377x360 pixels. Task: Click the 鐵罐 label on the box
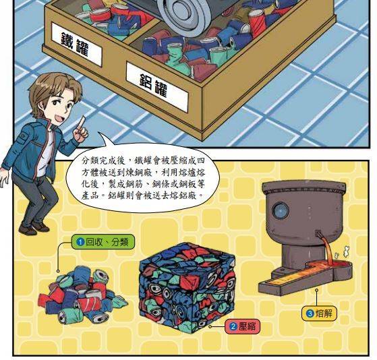(76, 44)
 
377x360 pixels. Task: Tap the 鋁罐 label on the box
(156, 87)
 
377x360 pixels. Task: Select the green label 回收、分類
(103, 242)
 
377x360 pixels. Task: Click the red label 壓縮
(242, 326)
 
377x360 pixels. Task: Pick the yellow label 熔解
(320, 313)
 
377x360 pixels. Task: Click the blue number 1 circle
(80, 242)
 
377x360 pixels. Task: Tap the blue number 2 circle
(233, 326)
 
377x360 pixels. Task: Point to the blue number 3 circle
(310, 313)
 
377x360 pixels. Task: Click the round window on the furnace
(281, 210)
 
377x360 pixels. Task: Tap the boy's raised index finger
(82, 122)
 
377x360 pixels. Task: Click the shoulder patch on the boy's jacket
(25, 138)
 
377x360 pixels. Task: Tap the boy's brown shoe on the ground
(28, 230)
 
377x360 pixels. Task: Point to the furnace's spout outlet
(318, 233)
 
